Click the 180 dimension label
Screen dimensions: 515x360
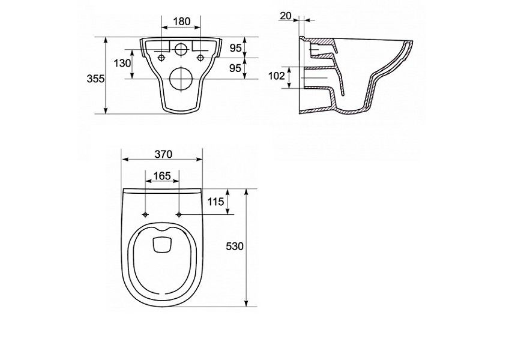pos(182,22)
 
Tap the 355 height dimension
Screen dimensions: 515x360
pos(95,79)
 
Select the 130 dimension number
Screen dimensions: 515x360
pos(122,64)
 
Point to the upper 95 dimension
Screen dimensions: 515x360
pos(235,48)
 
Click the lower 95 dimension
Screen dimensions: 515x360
pos(235,68)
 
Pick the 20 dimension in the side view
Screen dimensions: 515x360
pos(286,16)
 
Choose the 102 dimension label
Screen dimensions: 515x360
pos(277,76)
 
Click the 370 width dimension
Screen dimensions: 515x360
pos(163,154)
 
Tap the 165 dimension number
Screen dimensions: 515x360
pos(162,176)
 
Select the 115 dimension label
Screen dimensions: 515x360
pos(215,202)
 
